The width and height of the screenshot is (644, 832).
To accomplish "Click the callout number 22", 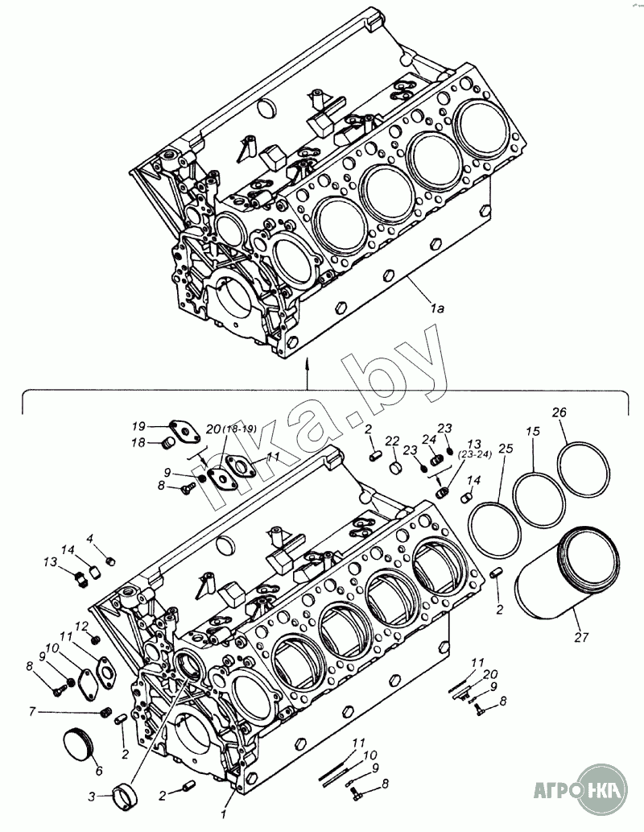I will click(392, 441).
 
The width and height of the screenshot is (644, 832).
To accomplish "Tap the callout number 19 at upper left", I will click(138, 425).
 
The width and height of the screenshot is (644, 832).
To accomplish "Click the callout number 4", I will click(90, 538).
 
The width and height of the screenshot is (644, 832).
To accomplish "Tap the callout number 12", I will click(81, 626).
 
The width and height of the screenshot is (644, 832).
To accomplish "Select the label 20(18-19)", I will click(229, 428).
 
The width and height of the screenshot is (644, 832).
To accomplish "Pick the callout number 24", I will click(428, 439).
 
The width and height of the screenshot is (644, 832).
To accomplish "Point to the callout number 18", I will click(138, 442).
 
